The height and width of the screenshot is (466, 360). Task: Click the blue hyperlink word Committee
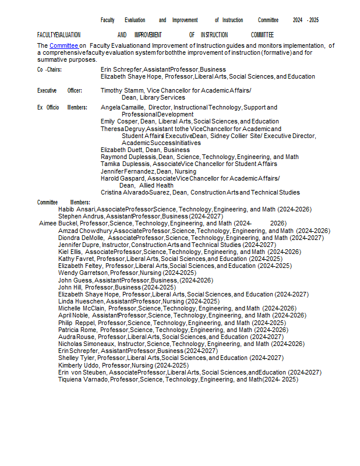(63, 45)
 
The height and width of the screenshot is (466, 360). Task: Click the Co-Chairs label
(50, 69)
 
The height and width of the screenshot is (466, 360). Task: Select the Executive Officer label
(59, 91)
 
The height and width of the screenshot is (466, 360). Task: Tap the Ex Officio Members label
(62, 108)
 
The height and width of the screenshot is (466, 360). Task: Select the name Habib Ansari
(77, 209)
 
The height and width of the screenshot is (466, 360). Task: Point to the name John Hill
(69, 287)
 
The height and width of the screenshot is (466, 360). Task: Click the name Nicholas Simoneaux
(86, 344)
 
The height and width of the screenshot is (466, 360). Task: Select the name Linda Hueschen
(81, 301)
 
